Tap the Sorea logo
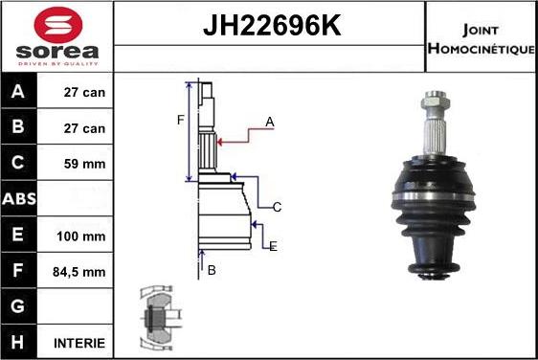(x=56, y=35)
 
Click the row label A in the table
(x=19, y=94)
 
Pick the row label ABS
(x=19, y=200)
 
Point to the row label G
(x=19, y=306)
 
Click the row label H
(x=19, y=342)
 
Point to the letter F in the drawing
(x=179, y=120)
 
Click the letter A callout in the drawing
(x=270, y=122)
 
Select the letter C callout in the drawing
(x=277, y=207)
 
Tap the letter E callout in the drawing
(x=273, y=246)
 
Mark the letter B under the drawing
(x=212, y=271)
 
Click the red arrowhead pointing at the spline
(x=222, y=142)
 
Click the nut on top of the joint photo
(x=433, y=99)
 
